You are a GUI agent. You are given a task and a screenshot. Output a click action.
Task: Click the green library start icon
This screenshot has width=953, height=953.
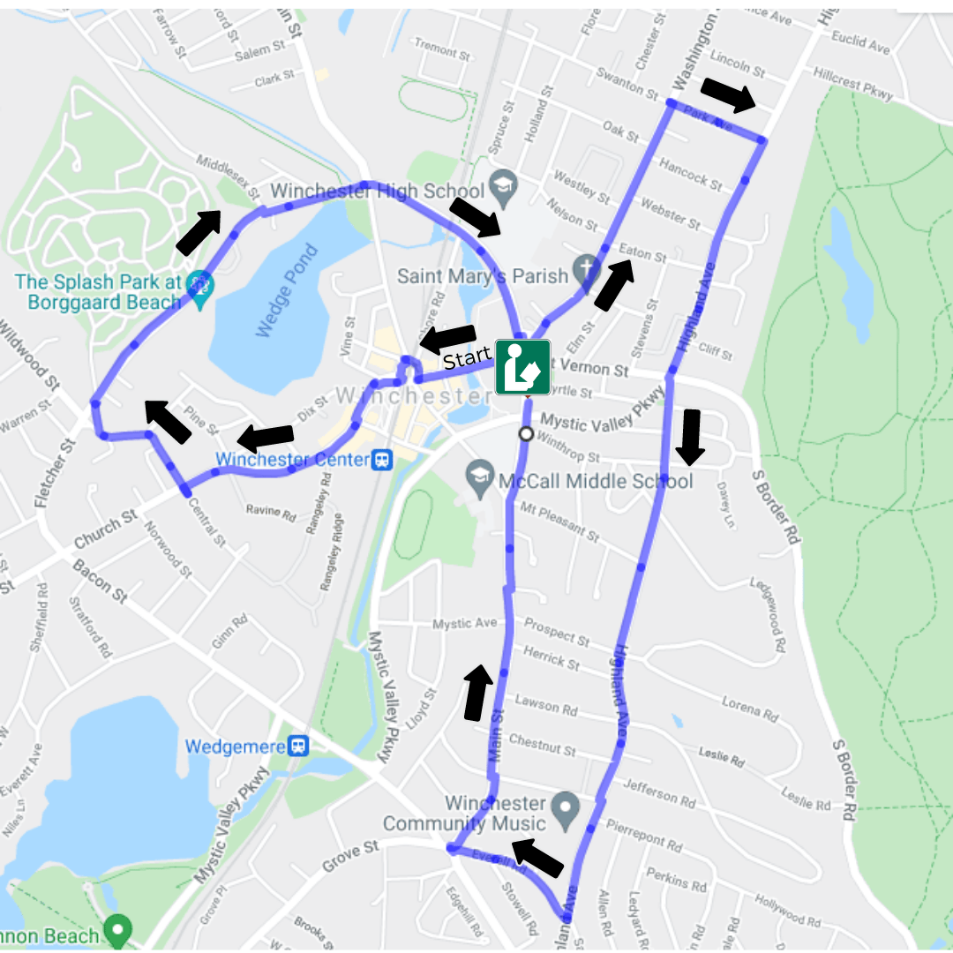pos(522,367)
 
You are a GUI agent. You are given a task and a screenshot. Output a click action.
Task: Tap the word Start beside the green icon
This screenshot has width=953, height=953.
pos(467,358)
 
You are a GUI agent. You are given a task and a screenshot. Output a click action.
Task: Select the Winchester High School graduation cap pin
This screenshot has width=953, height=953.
pos(503,184)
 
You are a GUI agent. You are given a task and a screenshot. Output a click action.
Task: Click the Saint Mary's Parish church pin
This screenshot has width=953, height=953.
pos(585,266)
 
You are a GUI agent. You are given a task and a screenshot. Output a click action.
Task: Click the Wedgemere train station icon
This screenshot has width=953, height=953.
pos(299,747)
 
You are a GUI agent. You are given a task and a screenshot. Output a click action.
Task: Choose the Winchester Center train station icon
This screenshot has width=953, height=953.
pos(382,460)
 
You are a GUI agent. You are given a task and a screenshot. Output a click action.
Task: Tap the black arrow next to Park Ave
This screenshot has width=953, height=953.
pos(729,94)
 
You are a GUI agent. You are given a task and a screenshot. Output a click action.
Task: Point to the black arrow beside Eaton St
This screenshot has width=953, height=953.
pos(614,284)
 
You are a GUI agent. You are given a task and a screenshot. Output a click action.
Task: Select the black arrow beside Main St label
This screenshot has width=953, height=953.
pos(476,692)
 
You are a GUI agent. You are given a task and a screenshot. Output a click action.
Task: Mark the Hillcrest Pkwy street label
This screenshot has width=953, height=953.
pos(854,83)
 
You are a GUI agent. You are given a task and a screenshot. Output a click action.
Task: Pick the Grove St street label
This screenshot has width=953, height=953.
pos(350,853)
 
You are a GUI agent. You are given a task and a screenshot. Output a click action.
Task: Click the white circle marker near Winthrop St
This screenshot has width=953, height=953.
pos(527,433)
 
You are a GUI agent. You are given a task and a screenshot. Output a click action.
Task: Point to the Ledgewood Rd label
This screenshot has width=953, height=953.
pos(767,614)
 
